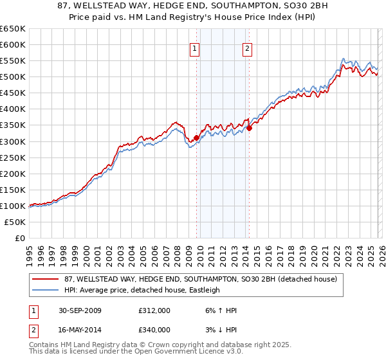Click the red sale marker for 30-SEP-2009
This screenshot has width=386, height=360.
point(196,137)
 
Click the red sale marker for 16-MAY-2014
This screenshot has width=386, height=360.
point(249,128)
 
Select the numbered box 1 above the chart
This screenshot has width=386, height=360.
point(194,47)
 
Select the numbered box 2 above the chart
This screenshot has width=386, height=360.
point(247,47)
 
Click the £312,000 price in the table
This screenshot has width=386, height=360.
point(154,310)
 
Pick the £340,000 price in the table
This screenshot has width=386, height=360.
point(154,330)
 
